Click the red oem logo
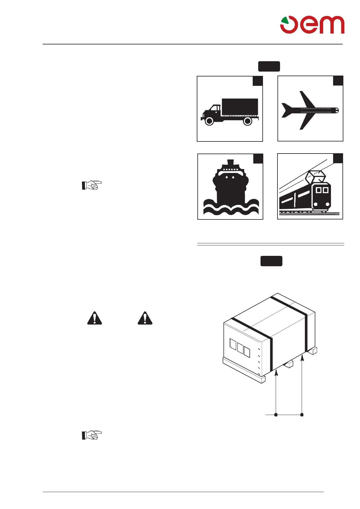pos(312,25)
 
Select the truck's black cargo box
pos(240,107)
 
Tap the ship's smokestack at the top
pos(230,162)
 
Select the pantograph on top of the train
pos(316,177)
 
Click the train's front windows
pos(322,190)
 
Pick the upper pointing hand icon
pos(92,185)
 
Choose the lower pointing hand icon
pos(92,435)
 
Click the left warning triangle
pos(95,318)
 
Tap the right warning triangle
pos(145,318)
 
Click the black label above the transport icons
pos(269,66)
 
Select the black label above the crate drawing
pos(271,261)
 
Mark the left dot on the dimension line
pos(276,415)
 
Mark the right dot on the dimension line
pos(302,415)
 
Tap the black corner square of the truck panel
pos(258,81)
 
